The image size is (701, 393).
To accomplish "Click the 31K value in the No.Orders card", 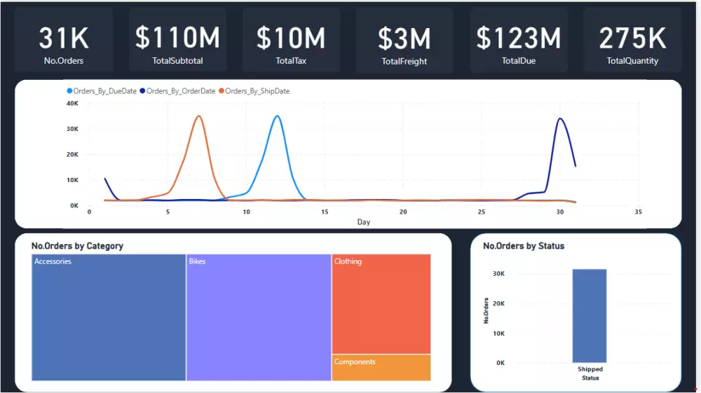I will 63,38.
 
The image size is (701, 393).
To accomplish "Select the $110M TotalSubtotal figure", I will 177,38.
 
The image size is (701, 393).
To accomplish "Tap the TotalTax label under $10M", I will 291,61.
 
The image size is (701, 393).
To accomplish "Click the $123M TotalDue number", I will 519,38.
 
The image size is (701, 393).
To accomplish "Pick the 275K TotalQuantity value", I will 632,38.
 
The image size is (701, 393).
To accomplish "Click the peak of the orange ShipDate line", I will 199,116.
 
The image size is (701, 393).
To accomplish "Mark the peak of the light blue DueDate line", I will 278,116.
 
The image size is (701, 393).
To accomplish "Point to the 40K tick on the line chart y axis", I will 72,103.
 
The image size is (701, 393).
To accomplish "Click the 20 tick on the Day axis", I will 402,212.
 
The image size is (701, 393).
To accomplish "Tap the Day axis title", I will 363,222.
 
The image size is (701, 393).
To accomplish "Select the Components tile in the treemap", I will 381,368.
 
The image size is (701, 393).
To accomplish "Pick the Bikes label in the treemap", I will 197,261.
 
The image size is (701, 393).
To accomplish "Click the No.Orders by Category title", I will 77,246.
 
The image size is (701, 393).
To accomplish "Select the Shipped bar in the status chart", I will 590,315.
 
